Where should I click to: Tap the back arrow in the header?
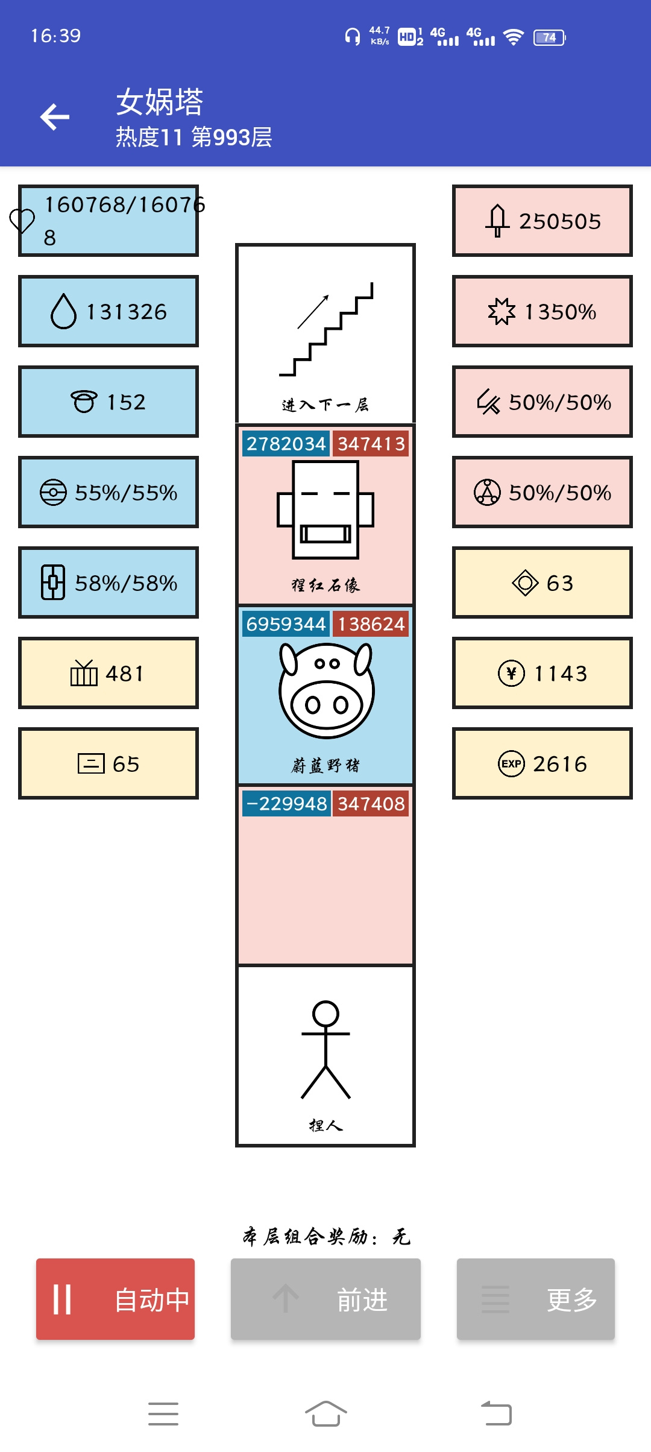55,116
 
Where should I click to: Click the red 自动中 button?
115,1299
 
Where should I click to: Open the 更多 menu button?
536,1299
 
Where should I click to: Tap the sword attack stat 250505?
542,221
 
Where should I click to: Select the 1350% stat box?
542,311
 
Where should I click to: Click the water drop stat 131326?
108,311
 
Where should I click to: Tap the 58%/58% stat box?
108,582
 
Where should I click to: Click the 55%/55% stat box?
108,492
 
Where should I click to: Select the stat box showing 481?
108,673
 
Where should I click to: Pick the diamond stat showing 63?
542,582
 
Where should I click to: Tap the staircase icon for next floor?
326,329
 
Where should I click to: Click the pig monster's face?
326,690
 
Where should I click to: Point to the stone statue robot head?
325,510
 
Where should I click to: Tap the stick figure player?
325,1050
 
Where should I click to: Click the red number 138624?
371,624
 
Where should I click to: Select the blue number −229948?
286,804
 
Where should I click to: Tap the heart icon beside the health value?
22,221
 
